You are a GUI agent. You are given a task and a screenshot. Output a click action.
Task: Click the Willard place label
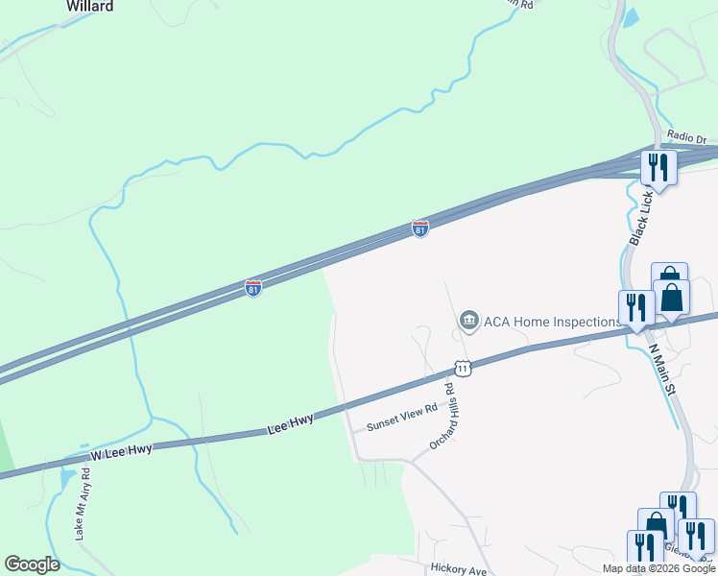[89, 7]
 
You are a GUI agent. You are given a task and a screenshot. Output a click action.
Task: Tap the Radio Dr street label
[686, 138]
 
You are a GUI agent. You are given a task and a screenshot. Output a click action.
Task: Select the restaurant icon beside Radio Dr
[658, 166]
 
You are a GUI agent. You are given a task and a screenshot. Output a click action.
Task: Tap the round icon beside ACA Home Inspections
[468, 321]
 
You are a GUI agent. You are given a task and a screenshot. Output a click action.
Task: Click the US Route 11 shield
[463, 368]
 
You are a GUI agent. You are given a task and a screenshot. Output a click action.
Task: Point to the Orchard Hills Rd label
[441, 419]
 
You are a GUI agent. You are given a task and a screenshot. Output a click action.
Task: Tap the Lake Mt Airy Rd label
[83, 503]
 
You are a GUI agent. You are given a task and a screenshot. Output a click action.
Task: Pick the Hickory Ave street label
[460, 568]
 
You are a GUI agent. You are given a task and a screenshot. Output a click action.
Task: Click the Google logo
[32, 564]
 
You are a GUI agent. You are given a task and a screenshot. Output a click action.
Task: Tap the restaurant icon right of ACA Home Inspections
[636, 307]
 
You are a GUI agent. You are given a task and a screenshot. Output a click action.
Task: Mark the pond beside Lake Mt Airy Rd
[66, 476]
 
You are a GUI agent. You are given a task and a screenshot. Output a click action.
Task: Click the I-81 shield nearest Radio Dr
[420, 228]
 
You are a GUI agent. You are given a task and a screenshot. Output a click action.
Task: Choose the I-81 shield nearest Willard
[253, 288]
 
